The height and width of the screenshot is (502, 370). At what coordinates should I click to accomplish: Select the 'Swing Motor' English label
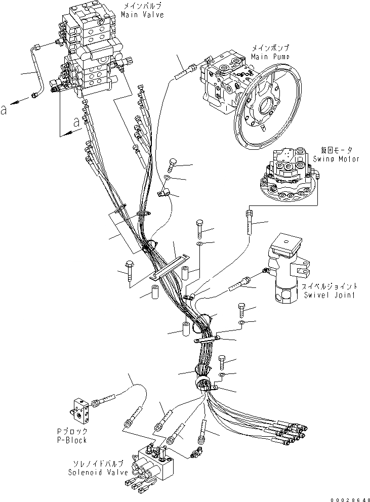(336, 159)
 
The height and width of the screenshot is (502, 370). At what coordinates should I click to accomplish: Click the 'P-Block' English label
(72, 440)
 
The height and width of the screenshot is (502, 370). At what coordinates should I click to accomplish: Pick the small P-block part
(80, 408)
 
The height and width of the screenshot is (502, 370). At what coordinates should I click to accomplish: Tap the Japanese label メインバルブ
(135, 7)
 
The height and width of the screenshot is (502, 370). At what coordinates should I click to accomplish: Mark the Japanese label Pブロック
(72, 432)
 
